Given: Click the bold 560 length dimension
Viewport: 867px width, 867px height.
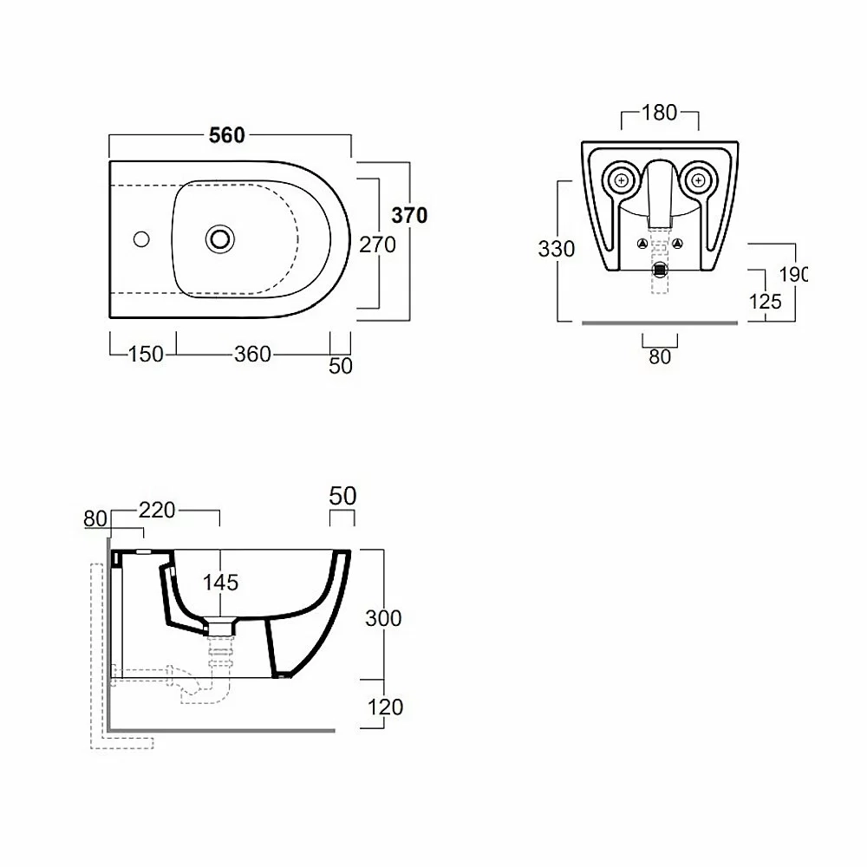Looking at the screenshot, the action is tap(226, 135).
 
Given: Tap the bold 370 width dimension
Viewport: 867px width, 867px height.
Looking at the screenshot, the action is tap(409, 215).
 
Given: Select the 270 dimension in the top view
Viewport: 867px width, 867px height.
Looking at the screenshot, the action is tap(377, 244).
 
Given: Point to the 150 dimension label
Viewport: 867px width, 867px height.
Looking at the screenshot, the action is tap(146, 354).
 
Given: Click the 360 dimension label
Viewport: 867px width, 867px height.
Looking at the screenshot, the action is tap(252, 354).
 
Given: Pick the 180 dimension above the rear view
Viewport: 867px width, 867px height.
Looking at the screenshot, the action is tap(659, 113).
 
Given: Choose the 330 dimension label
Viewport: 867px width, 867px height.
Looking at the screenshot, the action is tap(557, 249).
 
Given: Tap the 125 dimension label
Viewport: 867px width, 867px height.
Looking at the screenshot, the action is tap(765, 302).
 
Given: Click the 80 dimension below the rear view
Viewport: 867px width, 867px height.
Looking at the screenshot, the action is tap(660, 357).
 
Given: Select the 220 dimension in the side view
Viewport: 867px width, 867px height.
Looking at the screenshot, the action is tap(157, 510).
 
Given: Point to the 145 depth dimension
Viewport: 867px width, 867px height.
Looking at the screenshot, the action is tap(220, 583).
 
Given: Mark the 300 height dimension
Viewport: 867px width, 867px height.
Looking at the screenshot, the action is tap(383, 618).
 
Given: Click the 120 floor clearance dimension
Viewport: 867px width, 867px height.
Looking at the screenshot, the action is tap(385, 707).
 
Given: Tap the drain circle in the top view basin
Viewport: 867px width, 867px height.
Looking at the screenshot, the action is tap(220, 239).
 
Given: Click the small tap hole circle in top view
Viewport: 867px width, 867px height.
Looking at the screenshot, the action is tap(141, 239).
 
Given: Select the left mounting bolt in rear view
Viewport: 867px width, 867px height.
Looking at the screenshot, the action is tap(622, 181).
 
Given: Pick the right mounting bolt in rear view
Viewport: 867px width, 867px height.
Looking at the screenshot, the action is tap(698, 181).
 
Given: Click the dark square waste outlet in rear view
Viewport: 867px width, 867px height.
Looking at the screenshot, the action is tap(660, 271).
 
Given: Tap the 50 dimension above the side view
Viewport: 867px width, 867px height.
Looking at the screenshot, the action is tap(342, 496).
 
